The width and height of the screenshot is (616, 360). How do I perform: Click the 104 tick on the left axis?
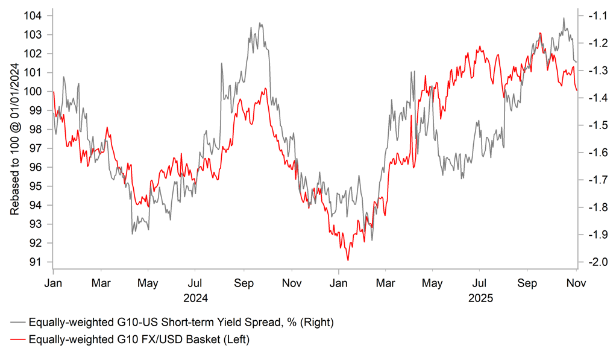(x=40, y=16)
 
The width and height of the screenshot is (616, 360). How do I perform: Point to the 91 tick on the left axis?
(x=42, y=262)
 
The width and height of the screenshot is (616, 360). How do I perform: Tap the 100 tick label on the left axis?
(x=37, y=92)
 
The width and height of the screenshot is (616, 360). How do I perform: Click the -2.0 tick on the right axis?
(x=596, y=262)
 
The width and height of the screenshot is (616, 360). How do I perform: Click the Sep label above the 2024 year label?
(x=244, y=282)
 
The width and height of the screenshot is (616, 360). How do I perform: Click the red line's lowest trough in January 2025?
(x=348, y=260)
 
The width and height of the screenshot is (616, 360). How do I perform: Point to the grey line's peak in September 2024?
(x=260, y=24)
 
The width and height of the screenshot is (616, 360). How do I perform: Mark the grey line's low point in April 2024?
(x=132, y=233)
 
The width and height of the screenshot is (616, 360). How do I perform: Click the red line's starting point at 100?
(x=54, y=92)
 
